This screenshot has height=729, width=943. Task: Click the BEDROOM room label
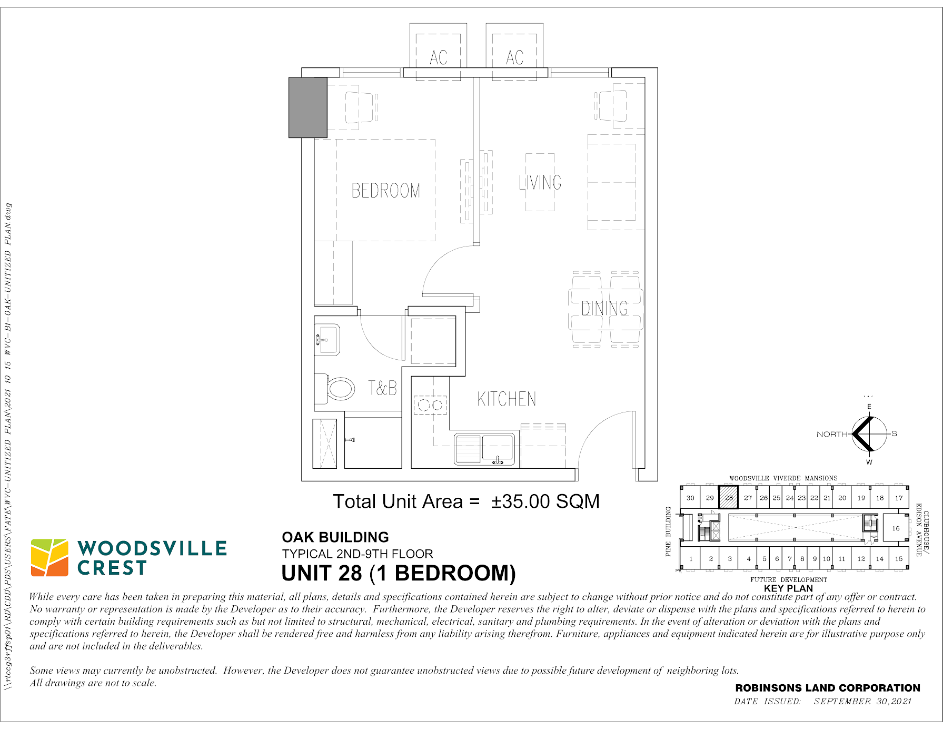coord(386,190)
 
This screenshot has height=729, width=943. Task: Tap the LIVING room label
coord(540,182)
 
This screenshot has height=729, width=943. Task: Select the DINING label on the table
coord(605,308)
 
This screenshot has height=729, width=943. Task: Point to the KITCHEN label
coord(507,399)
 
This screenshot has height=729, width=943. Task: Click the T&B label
coord(383,388)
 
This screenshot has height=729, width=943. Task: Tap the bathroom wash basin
coord(327,339)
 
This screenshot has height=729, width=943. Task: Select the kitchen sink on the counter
coord(484,449)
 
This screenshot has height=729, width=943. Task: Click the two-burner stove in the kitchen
coord(430,405)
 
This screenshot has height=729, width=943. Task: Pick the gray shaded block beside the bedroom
coord(308,107)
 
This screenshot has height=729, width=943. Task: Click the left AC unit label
coord(439,57)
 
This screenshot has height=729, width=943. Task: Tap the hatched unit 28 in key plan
coord(729,497)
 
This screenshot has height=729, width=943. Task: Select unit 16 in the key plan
coord(896,528)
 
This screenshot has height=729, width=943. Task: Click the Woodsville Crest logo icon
coord(49,557)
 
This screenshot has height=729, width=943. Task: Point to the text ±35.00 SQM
coord(545,501)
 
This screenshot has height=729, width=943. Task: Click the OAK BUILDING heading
coord(335,537)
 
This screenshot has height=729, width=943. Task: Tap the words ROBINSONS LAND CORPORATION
coord(828,688)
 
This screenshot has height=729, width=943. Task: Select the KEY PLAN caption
coord(788,588)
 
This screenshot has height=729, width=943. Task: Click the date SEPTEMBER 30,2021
coord(862,701)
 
